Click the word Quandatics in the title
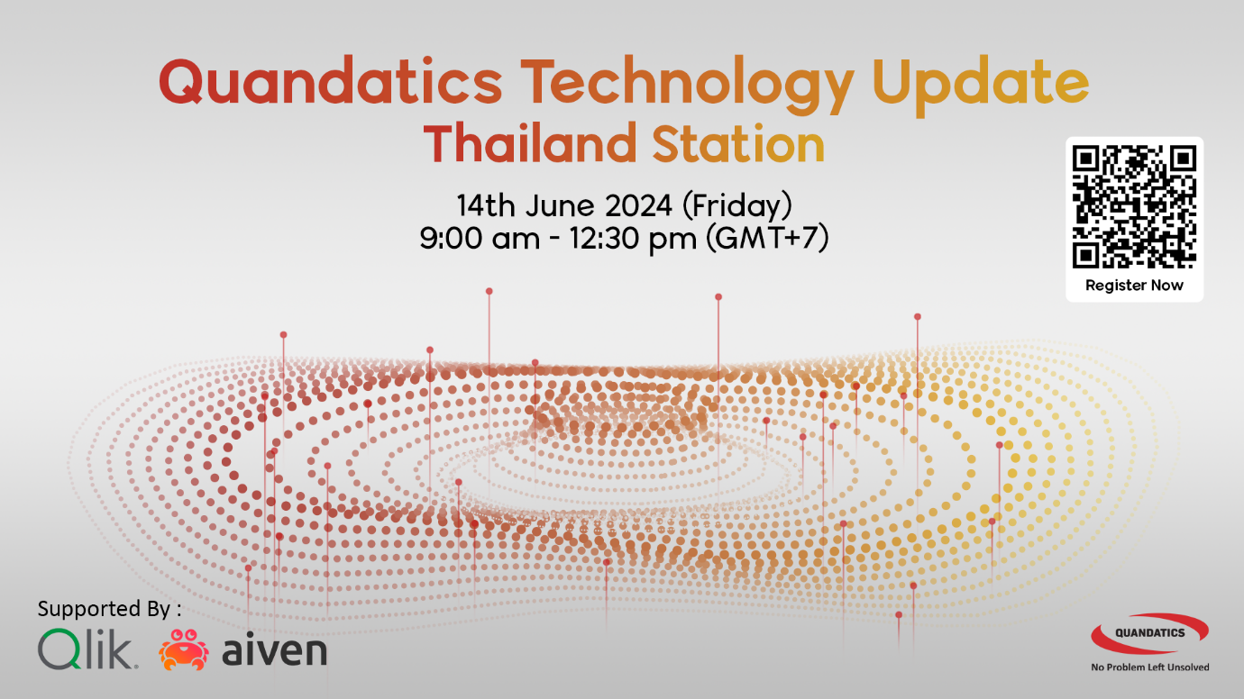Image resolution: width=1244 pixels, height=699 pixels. (331, 82)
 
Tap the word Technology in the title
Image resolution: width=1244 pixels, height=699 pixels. (687, 85)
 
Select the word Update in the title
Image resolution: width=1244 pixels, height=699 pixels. (980, 86)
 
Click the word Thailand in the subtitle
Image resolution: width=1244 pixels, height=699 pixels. (530, 143)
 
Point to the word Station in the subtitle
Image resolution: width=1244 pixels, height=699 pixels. (738, 144)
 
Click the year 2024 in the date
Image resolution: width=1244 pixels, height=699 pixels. (638, 205)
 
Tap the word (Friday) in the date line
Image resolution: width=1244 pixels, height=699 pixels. (737, 205)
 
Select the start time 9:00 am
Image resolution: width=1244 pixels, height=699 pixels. (480, 239)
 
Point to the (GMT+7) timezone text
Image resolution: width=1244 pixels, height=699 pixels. (768, 239)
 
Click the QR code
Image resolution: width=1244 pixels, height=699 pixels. (1134, 207)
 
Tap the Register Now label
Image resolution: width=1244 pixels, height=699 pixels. (1134, 286)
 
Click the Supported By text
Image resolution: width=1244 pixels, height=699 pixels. (109, 609)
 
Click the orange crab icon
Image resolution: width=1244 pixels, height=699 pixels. (184, 649)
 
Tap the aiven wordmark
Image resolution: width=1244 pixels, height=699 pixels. (274, 650)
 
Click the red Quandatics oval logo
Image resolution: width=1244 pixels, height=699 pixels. (1149, 633)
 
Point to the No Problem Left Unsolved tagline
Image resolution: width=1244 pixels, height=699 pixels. (1150, 667)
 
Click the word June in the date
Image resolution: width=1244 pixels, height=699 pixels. (561, 205)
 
